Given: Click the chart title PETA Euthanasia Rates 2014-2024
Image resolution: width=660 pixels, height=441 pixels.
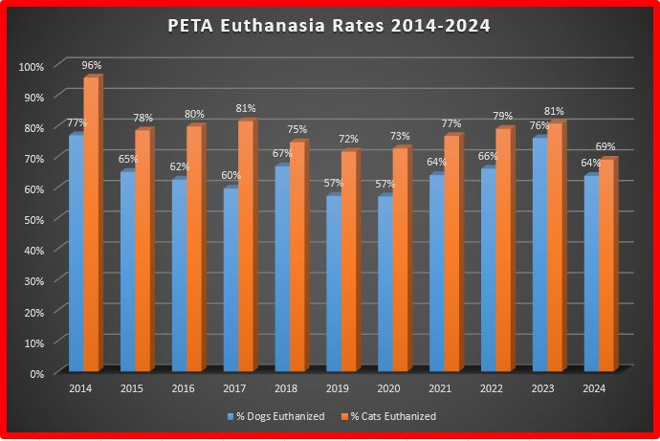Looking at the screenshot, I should pyautogui.click(x=330, y=26).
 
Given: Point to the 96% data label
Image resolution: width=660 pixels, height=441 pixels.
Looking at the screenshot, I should pyautogui.click(x=92, y=65).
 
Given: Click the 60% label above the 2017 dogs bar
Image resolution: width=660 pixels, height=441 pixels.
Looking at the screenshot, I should pyautogui.click(x=231, y=175).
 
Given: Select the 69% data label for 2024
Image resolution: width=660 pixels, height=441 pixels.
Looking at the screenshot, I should pyautogui.click(x=606, y=146).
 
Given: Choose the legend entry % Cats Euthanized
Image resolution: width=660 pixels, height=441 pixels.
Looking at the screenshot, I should pyautogui.click(x=393, y=416).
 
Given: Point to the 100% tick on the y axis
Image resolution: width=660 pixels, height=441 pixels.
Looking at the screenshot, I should pyautogui.click(x=32, y=67).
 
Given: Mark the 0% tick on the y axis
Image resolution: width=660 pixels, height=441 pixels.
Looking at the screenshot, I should pyautogui.click(x=36, y=373).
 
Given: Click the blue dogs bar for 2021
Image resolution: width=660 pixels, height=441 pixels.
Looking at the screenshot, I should pyautogui.click(x=436, y=274).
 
